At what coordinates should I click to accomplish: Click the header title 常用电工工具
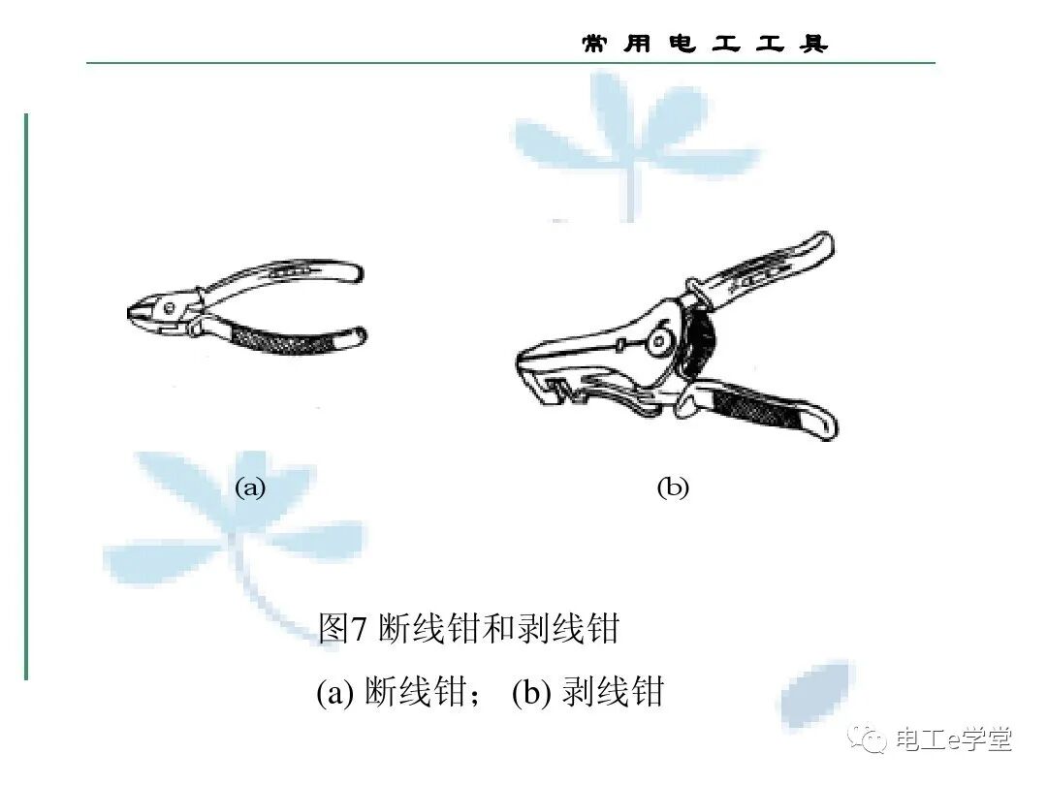(705, 44)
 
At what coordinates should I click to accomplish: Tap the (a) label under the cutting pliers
(250, 487)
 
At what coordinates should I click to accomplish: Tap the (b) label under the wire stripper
(673, 487)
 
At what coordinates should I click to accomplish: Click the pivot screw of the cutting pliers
(171, 309)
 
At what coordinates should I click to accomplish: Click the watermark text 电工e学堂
(955, 739)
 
